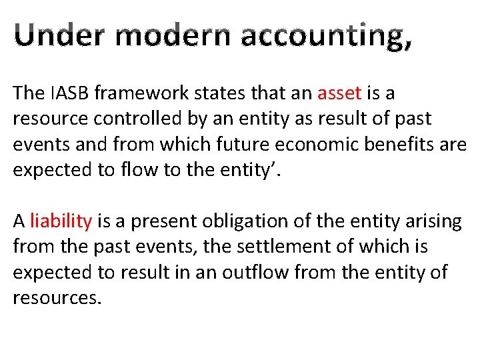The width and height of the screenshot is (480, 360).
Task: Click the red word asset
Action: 340,93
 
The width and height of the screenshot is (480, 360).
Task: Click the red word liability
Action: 61,221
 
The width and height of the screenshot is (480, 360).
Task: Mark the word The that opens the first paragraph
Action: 27,93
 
